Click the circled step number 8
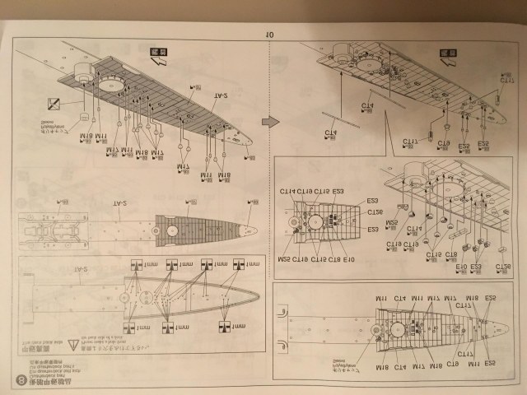tap(21, 380)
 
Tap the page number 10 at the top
tap(269, 34)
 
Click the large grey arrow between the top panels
tap(269, 121)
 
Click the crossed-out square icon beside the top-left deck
tap(55, 105)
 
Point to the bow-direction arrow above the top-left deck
tap(158, 55)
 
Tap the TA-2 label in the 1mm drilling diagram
tap(81, 268)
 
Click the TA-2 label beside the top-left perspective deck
tap(220, 96)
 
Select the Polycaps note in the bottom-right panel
tap(338, 365)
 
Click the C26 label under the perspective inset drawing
tap(502, 267)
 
